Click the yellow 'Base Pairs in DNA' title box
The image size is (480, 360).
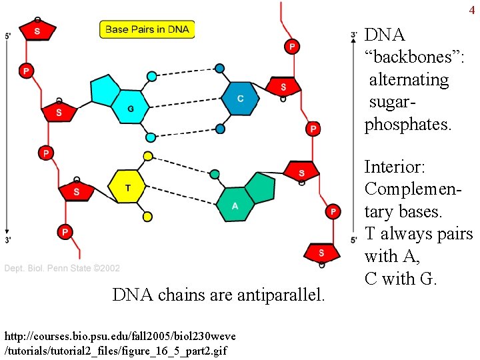147,29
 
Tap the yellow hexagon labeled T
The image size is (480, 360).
128,189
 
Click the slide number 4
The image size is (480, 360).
472,10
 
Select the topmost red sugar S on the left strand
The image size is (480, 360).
36,31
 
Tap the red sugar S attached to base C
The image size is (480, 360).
283,87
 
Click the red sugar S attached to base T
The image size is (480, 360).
76,192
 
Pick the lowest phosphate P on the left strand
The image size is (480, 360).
65,232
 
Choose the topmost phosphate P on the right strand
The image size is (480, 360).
291,46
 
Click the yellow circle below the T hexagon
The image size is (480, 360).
147,217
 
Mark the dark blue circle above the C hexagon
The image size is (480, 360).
219,68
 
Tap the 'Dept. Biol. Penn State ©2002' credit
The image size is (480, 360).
62,268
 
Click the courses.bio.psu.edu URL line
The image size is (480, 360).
119,334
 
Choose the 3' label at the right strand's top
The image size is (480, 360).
354,33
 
